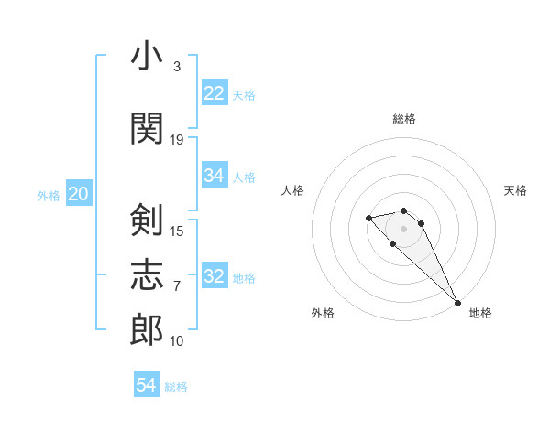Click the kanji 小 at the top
coord(147,57)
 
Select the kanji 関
coord(147,128)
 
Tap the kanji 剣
coord(147,220)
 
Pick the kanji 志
coord(147,274)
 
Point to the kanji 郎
coord(147,330)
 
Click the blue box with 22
coord(214,93)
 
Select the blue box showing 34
coord(214,176)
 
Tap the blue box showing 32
coord(214,276)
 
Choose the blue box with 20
coord(79,194)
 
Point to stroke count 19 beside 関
coord(177,139)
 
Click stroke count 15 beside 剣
coord(177,231)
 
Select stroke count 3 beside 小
coord(177,67)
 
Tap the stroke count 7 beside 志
coord(177,285)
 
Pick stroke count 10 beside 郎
coord(177,341)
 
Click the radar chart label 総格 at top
coord(404,119)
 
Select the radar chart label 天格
coord(515,190)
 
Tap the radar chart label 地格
coord(480,314)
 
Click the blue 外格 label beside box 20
coord(49,195)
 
